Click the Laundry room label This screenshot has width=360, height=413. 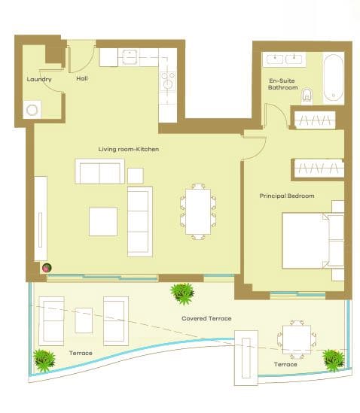[x=39, y=79]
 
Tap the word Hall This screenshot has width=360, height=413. [x=83, y=77]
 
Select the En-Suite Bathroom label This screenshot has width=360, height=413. [x=283, y=84]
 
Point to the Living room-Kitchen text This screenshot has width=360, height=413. [x=129, y=149]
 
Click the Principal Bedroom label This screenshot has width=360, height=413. [x=287, y=196]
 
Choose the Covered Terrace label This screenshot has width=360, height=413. [x=206, y=319]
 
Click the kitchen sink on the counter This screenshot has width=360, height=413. [x=130, y=57]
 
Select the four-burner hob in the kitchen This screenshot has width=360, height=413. [x=167, y=80]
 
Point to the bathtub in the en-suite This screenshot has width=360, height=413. [x=334, y=78]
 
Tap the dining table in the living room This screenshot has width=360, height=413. [x=198, y=211]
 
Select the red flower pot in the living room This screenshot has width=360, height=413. [x=46, y=267]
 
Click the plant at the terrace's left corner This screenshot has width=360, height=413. [x=44, y=360]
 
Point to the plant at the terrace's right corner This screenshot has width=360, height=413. [x=331, y=360]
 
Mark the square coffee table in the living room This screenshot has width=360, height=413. [x=103, y=221]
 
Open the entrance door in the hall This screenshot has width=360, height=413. [x=81, y=54]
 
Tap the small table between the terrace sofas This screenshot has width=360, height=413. [x=84, y=320]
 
